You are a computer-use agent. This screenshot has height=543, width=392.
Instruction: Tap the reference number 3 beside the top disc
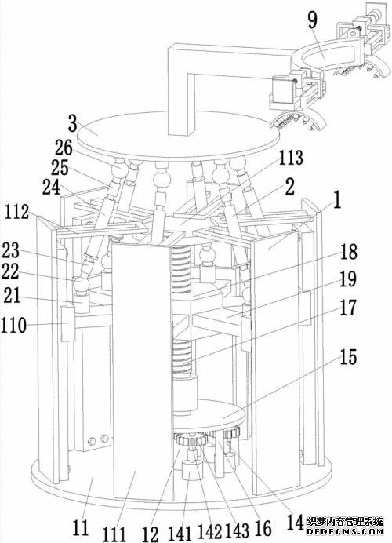pyautogui.click(x=72, y=123)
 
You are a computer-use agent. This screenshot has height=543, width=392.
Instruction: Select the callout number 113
pyautogui.click(x=291, y=158)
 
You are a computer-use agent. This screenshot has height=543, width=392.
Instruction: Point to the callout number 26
pyautogui.click(x=64, y=148)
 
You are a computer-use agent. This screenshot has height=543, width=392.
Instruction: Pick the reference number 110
pyautogui.click(x=13, y=326)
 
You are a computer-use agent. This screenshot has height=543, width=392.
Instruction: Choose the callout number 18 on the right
pyautogui.click(x=348, y=252)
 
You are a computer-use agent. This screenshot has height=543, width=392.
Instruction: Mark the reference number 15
pyautogui.click(x=348, y=357)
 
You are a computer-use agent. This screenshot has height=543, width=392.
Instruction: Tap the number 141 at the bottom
pyautogui.click(x=180, y=534)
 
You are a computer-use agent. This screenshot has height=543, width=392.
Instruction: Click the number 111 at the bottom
pyautogui.click(x=114, y=534)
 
